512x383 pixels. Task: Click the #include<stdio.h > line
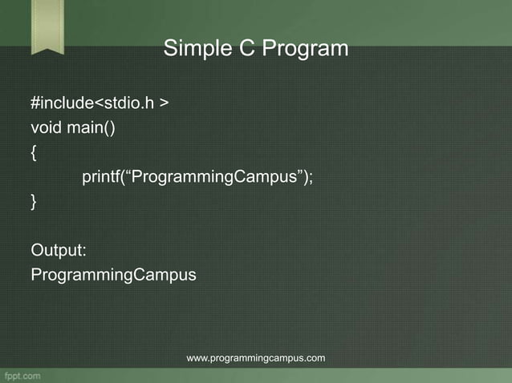point(100,103)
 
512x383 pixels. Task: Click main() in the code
point(91,128)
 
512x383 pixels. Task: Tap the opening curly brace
point(34,153)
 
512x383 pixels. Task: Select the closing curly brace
point(34,203)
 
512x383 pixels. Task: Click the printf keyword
point(100,177)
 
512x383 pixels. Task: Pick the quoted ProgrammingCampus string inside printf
point(213,177)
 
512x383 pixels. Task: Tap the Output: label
point(59,250)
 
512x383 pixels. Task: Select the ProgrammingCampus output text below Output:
point(113,275)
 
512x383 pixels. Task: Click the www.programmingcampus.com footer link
point(256,358)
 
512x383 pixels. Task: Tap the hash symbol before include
point(35,103)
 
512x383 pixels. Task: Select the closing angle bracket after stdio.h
point(164,104)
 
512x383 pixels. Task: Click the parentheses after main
point(108,128)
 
